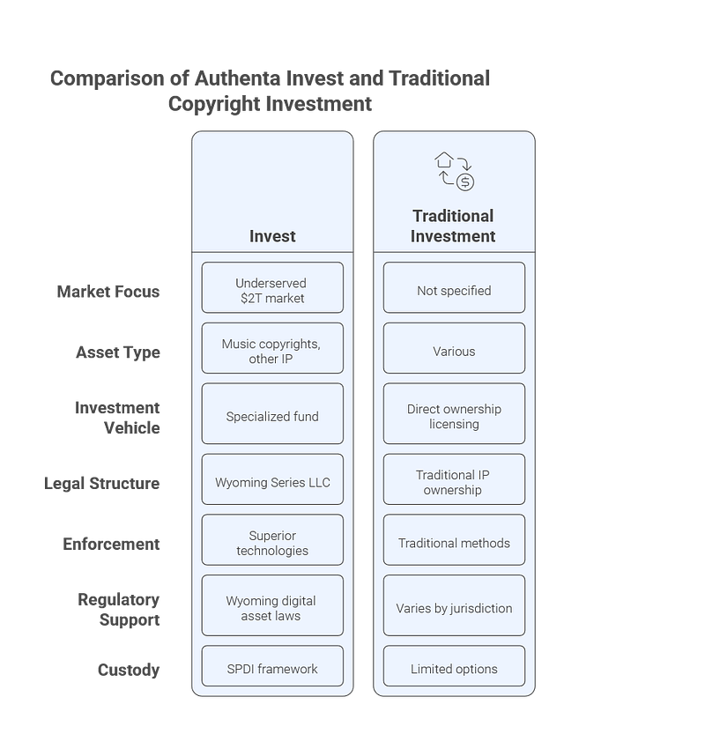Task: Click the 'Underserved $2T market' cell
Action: [272, 287]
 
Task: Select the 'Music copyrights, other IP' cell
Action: [272, 348]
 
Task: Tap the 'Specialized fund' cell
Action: [272, 413]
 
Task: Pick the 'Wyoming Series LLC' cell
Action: [272, 479]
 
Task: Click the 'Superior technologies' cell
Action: [272, 540]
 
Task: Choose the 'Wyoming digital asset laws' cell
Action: [272, 605]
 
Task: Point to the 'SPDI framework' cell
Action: [272, 666]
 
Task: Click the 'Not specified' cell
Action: [454, 287]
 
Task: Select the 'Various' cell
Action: [454, 348]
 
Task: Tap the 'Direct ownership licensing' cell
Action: [454, 413]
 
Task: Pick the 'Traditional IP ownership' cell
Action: [454, 479]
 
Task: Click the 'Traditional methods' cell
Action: [454, 540]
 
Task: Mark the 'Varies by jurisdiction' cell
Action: [454, 605]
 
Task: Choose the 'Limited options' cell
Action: [454, 666]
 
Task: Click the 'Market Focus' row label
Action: [108, 292]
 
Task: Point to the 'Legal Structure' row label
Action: [101, 484]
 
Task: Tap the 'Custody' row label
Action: [129, 671]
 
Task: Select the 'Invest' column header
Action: [272, 236]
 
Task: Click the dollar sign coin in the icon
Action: [465, 182]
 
